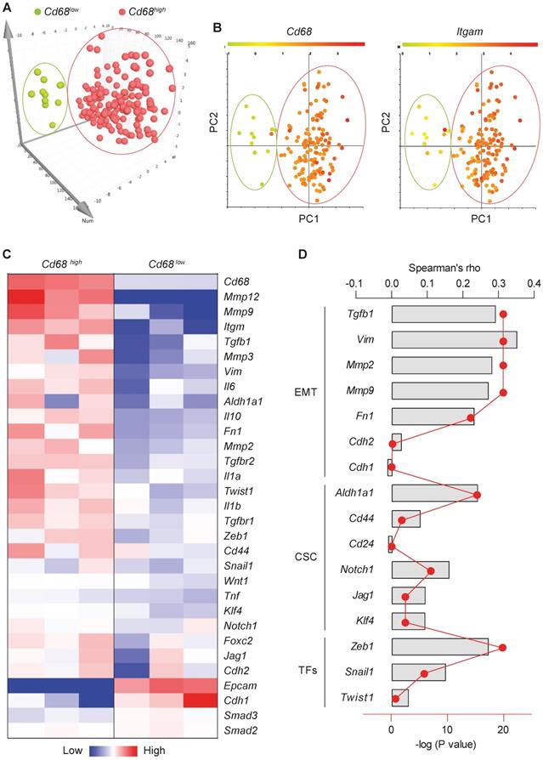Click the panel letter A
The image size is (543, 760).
pos(7,9)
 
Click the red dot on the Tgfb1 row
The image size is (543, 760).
pos(503,315)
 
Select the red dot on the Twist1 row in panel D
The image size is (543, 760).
pos(395,699)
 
